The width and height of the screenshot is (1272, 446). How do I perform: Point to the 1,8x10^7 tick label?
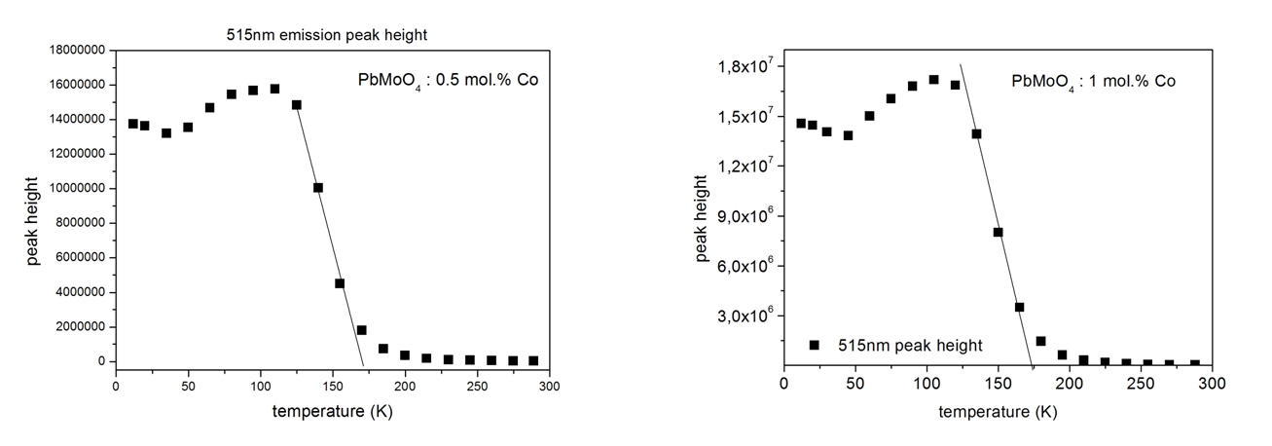tap(742, 66)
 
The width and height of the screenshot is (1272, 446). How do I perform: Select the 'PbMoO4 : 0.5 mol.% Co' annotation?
tap(448, 81)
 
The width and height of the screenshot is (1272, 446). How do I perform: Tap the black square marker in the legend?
tap(815, 345)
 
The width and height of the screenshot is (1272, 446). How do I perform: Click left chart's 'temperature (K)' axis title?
tap(332, 412)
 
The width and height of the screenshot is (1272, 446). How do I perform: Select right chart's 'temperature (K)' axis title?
tap(998, 412)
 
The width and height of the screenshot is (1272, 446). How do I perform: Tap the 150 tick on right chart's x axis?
tap(998, 385)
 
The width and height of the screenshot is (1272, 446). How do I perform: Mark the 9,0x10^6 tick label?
tap(742, 216)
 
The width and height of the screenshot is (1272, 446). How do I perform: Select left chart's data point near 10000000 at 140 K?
tap(318, 188)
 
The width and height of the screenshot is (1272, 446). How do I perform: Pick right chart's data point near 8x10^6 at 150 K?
tap(998, 232)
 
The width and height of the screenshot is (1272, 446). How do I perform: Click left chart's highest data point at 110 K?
tap(274, 89)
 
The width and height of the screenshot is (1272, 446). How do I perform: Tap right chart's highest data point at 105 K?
tap(933, 80)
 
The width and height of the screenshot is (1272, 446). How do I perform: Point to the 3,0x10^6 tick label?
tap(742, 316)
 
